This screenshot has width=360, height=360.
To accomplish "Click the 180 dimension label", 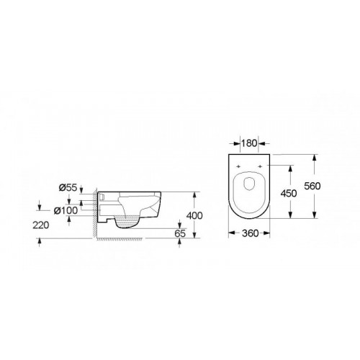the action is pyautogui.click(x=249, y=143).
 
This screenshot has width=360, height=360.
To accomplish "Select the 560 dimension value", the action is pyautogui.click(x=312, y=186).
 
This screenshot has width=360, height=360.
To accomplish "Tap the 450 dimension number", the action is pyautogui.click(x=289, y=193).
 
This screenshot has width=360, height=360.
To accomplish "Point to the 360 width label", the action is pyautogui.click(x=250, y=233).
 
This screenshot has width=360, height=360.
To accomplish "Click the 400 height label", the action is pyautogui.click(x=194, y=215).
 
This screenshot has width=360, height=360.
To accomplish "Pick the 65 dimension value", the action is pyautogui.click(x=180, y=233).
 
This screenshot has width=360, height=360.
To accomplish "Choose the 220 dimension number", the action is pyautogui.click(x=41, y=225).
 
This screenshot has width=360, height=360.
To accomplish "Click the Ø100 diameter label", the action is pyautogui.click(x=66, y=210).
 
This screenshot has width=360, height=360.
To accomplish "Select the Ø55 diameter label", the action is pyautogui.click(x=68, y=188).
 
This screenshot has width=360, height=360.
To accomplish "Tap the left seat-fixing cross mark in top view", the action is pyautogui.click(x=238, y=166).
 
